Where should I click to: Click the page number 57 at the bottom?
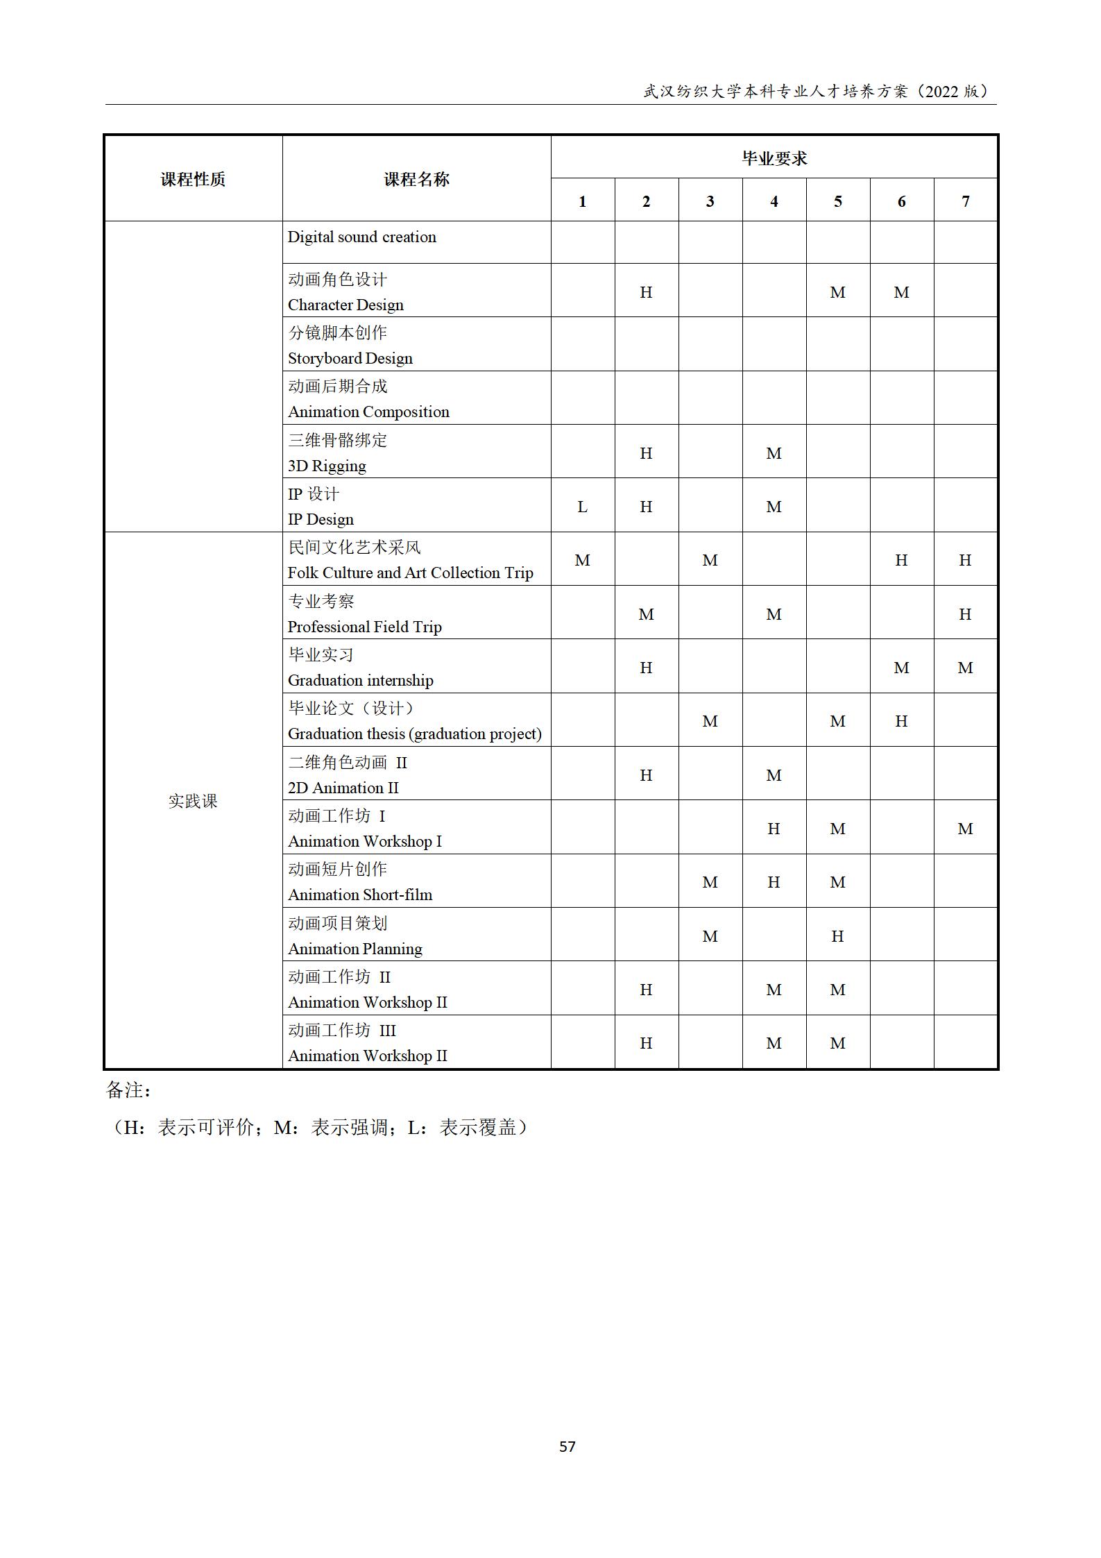[x=567, y=1446]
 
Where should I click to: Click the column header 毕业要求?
[x=774, y=158]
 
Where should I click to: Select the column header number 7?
[x=965, y=201]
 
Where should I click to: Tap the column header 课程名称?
[x=416, y=179]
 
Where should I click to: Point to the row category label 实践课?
[x=193, y=801]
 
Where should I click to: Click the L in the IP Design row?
[x=582, y=507]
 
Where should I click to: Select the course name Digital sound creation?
[x=362, y=237]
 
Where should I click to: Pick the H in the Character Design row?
[x=646, y=292]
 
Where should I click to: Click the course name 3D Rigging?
[x=327, y=466]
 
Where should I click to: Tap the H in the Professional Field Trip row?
[x=965, y=614]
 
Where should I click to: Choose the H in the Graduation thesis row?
[x=901, y=721]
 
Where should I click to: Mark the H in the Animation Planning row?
[x=837, y=936]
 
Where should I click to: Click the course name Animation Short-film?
[x=360, y=895]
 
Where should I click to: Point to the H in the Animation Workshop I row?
[x=774, y=829]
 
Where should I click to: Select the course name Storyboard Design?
[x=350, y=358]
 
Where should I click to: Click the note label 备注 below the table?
[x=128, y=1090]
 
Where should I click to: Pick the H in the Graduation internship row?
[x=646, y=668]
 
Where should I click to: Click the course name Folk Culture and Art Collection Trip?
[x=410, y=573]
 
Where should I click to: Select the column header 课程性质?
[x=193, y=179]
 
